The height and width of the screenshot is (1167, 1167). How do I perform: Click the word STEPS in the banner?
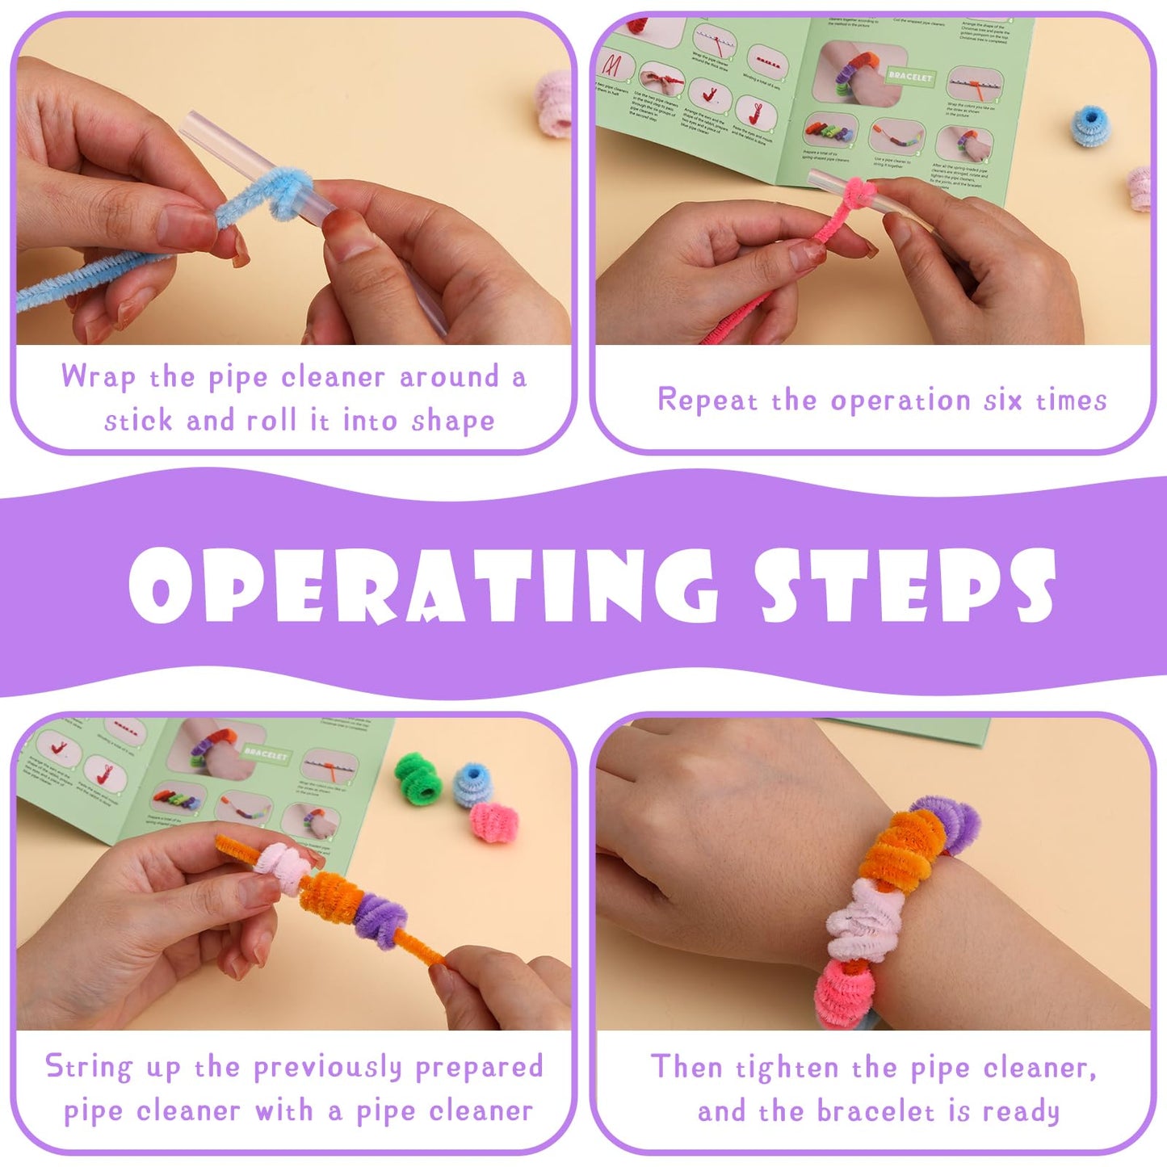coord(905,585)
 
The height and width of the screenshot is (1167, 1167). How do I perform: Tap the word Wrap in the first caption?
coord(98,377)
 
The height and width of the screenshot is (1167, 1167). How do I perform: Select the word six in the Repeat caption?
coord(1003,400)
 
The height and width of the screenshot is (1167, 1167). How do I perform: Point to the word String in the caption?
coord(88,1067)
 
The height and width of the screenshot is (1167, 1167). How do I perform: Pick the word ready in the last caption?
coord(1021,1112)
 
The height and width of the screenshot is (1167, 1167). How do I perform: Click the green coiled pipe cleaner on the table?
coord(419,779)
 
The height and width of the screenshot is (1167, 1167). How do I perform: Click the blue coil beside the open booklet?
coord(1090,126)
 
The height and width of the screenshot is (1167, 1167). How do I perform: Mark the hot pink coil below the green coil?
coord(493,822)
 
